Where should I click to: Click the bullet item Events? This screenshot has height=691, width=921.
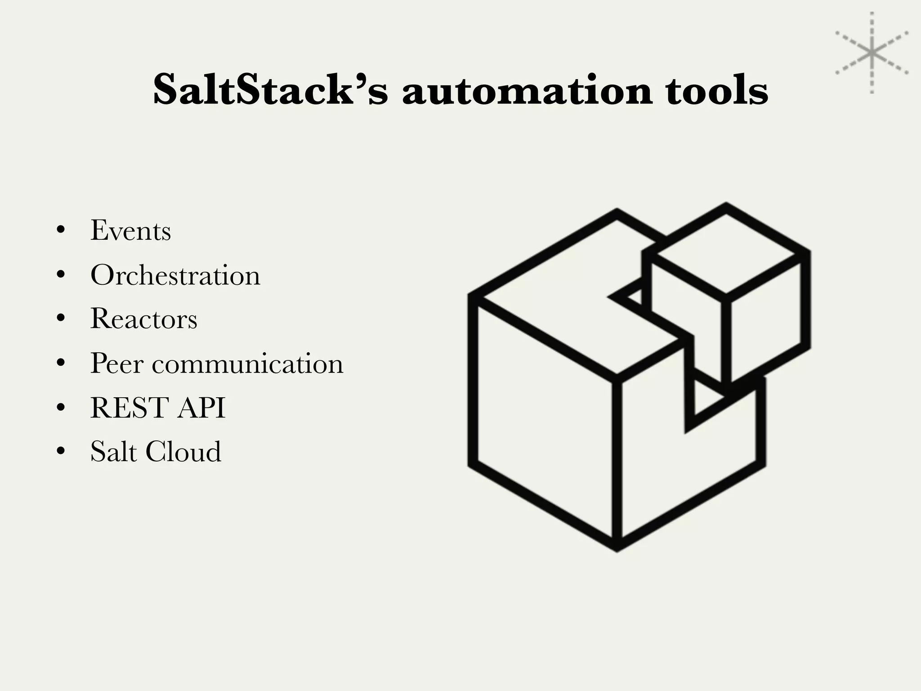130,231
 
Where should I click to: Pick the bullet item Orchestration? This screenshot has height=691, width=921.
175,275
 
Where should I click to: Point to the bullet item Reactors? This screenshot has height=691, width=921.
144,319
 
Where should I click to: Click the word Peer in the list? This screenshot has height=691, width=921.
116,363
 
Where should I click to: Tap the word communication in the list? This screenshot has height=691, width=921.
247,363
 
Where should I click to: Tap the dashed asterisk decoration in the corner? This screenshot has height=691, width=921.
872,53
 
